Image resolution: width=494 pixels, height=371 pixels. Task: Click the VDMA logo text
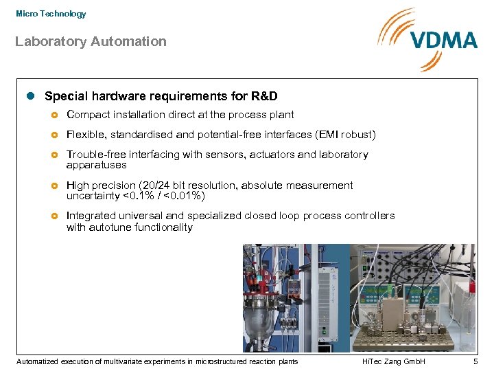[x=444, y=40]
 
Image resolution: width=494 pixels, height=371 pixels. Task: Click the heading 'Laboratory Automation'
[x=91, y=42]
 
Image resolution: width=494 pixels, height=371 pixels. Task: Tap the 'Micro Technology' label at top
[x=51, y=14]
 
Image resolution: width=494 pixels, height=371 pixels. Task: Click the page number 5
[x=475, y=361]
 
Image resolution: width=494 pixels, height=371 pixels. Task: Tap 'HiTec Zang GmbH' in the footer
[x=393, y=361]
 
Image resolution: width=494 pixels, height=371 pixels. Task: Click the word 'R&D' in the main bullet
[x=263, y=96]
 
